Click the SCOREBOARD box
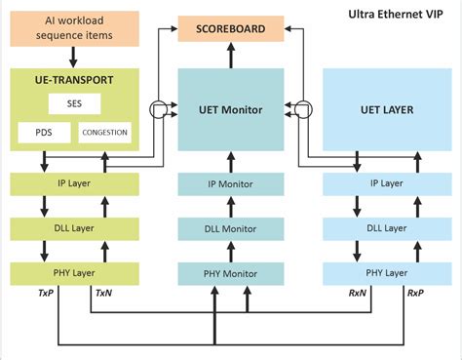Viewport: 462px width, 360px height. pos(232,28)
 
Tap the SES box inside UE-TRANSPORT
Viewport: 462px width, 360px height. pos(75,102)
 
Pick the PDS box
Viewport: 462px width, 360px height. pos(42,132)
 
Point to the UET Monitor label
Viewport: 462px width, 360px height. pos(231,110)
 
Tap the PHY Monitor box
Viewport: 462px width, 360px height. pos(231,274)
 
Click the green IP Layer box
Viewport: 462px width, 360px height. pos(75,182)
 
